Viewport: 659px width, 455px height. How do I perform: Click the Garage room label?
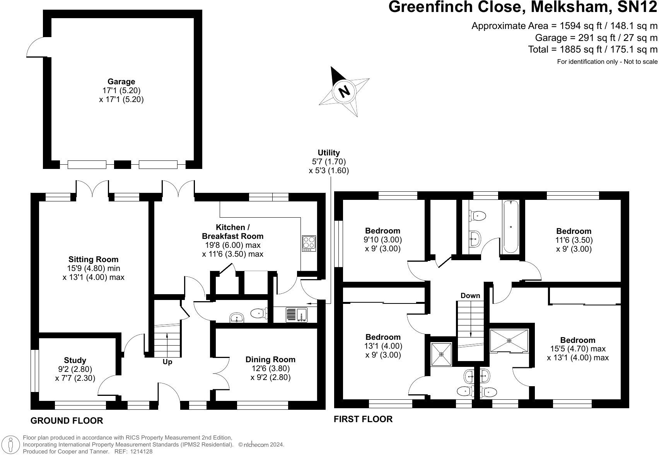[121, 82]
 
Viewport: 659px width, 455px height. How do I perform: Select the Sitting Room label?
[93, 259]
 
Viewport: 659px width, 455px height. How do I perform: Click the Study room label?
[75, 360]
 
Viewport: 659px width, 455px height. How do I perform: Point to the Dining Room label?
[270, 360]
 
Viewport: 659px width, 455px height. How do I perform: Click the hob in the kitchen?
[309, 243]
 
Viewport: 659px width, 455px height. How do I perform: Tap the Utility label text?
[329, 153]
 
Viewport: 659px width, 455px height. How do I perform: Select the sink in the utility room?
[297, 315]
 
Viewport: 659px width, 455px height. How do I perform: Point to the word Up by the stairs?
[167, 362]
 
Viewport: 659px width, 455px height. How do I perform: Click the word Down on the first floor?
[470, 296]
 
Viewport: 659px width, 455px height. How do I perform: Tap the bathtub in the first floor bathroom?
[510, 227]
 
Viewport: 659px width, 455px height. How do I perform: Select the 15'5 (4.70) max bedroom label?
[578, 349]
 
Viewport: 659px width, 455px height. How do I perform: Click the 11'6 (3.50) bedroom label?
[574, 240]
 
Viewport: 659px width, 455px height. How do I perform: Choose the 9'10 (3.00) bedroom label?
[382, 240]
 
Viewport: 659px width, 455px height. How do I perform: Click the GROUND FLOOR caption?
[67, 421]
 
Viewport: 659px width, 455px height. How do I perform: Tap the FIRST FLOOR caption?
[363, 419]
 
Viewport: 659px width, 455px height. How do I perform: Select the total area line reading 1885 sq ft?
[592, 49]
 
